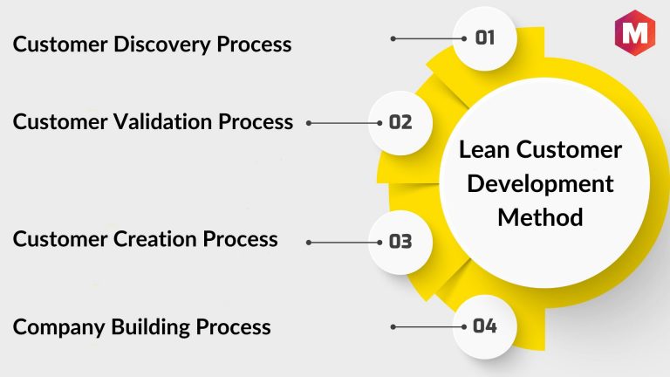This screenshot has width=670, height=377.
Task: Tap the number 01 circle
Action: point(485,37)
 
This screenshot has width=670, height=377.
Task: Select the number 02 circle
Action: point(400,122)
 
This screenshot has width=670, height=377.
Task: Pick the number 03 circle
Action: point(400,242)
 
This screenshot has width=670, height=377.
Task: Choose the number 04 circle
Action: point(485,326)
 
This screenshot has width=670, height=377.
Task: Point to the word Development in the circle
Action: point(540,184)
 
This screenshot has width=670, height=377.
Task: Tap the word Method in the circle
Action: point(540,216)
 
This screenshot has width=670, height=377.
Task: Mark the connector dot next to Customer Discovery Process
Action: point(393,38)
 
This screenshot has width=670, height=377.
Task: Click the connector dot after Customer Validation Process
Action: point(309,123)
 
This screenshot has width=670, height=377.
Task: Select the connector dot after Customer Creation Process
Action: point(309,243)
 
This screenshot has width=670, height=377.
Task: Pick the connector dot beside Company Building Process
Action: point(393,327)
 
